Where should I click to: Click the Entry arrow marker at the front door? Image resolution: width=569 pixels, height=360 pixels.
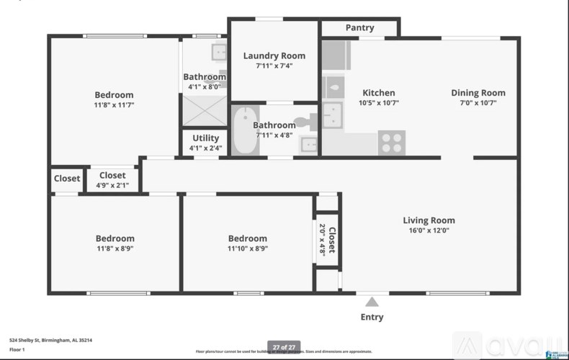pyautogui.click(x=372, y=302)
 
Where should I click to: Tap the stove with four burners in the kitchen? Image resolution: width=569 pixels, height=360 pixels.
pyautogui.click(x=392, y=142)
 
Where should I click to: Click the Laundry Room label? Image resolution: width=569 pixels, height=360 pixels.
pyautogui.click(x=274, y=55)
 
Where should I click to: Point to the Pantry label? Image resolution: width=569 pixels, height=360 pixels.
pyautogui.click(x=359, y=27)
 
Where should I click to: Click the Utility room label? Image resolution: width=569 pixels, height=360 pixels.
pyautogui.click(x=205, y=138)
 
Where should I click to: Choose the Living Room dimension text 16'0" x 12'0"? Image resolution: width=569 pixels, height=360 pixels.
pyautogui.click(x=429, y=231)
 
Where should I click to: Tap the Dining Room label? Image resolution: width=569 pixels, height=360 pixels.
pyautogui.click(x=478, y=92)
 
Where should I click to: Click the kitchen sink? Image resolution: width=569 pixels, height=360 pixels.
pyautogui.click(x=333, y=114)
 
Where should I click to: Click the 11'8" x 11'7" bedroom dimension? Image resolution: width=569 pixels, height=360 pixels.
pyautogui.click(x=115, y=105)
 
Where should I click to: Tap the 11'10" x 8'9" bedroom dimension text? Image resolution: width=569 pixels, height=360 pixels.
pyautogui.click(x=247, y=249)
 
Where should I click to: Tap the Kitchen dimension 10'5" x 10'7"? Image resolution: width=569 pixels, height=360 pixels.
pyautogui.click(x=378, y=103)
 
